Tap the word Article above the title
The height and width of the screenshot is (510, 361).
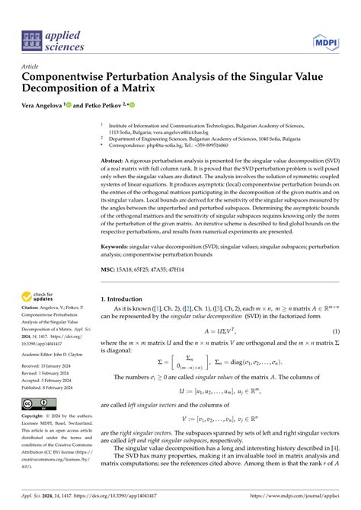32,66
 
